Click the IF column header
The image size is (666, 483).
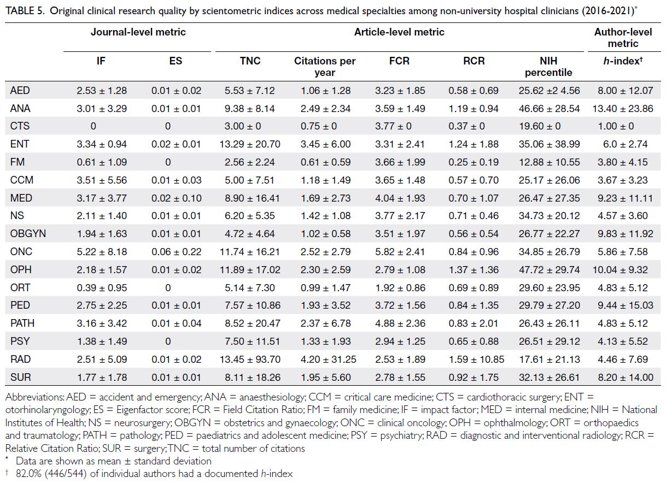pyautogui.click(x=101, y=61)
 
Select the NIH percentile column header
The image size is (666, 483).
pyautogui.click(x=548, y=67)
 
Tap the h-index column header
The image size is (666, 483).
pyautogui.click(x=623, y=61)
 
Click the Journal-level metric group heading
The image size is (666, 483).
pyautogui.click(x=138, y=32)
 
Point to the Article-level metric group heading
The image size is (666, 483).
pyautogui.click(x=399, y=32)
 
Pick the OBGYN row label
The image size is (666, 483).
pyautogui.click(x=28, y=234)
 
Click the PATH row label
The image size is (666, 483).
pyautogui.click(x=22, y=323)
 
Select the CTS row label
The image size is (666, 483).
pyautogui.click(x=20, y=126)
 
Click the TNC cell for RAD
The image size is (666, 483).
pyautogui.click(x=250, y=360)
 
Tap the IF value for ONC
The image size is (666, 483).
pyautogui.click(x=102, y=252)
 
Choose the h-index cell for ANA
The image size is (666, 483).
pyautogui.click(x=623, y=109)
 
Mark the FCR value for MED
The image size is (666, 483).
pyautogui.click(x=400, y=198)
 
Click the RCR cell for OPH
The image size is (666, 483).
pyautogui.click(x=474, y=270)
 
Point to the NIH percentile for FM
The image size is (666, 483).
pyautogui.click(x=549, y=162)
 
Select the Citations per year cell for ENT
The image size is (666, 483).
pyautogui.click(x=325, y=144)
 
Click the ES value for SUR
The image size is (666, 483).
pyautogui.click(x=176, y=378)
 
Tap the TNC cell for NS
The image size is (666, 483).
pyautogui.click(x=250, y=216)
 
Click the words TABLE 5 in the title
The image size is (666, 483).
pyautogui.click(x=25, y=11)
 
